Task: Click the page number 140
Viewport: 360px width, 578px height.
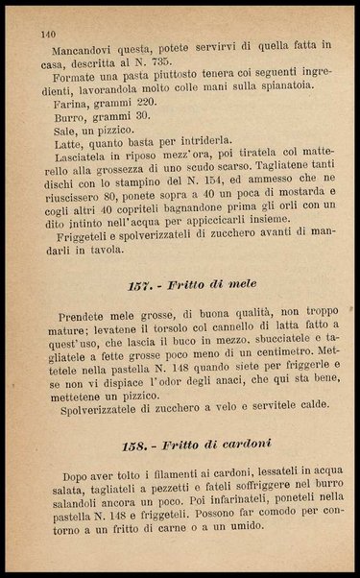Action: click(x=48, y=34)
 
